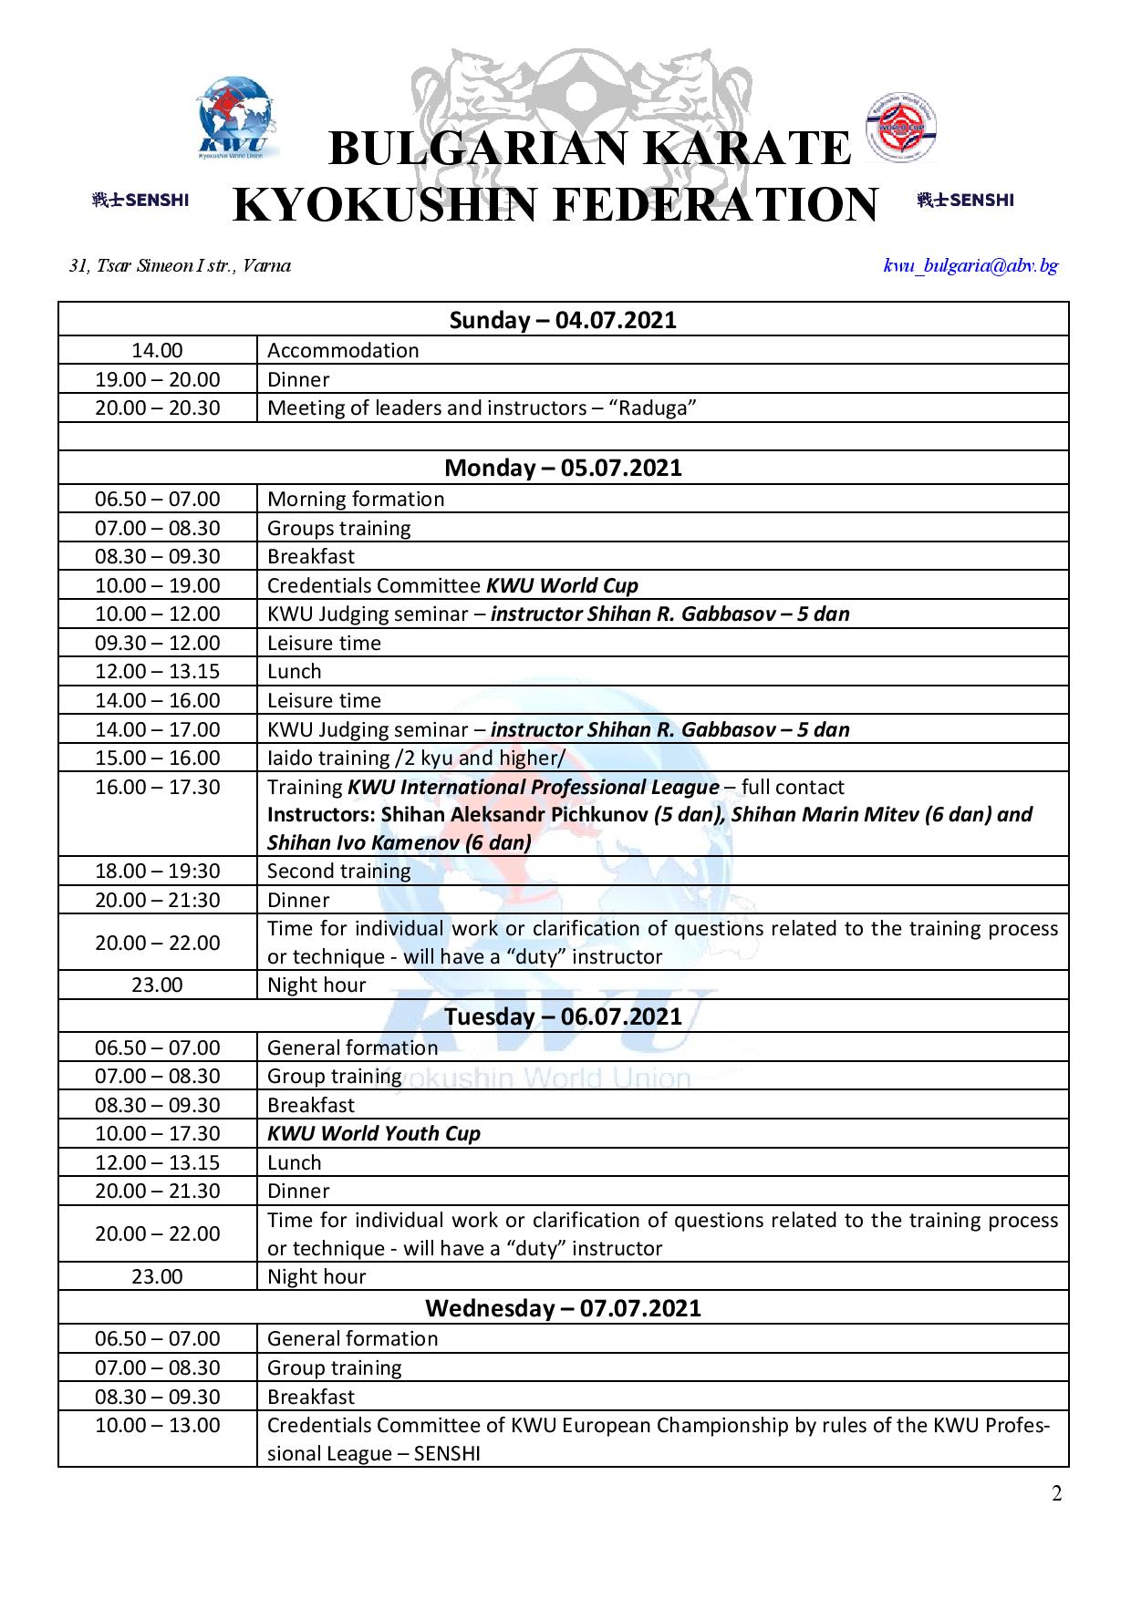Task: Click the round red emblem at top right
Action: pos(902,129)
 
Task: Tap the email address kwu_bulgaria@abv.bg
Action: pos(971,265)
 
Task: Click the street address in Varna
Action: pos(181,265)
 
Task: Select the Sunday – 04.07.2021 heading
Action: pos(563,320)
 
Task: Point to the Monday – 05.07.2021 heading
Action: pos(563,468)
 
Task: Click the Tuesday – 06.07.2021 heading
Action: pos(563,1016)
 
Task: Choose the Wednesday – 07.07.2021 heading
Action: pos(563,1308)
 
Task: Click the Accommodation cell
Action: pos(343,350)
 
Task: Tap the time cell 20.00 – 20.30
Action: pos(158,407)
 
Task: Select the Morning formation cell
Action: pos(356,499)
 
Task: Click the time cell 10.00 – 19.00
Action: pos(158,585)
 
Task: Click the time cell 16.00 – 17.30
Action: pos(158,787)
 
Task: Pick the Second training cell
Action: pos(339,871)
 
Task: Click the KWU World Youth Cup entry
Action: pos(374,1133)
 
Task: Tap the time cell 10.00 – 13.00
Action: pos(158,1425)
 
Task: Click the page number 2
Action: pos(1057,1493)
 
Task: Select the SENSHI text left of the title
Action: pos(140,201)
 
